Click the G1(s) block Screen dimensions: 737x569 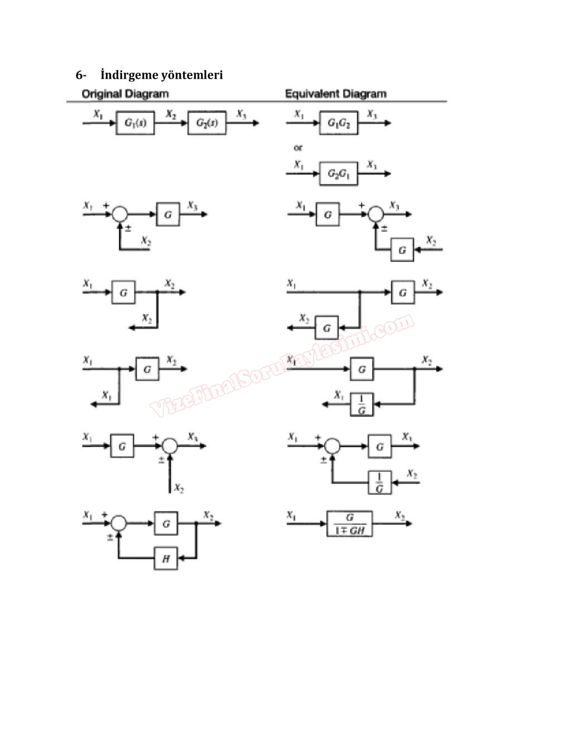pyautogui.click(x=135, y=123)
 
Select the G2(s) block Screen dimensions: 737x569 pyautogui.click(x=207, y=123)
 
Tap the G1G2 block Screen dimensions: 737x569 pyautogui.click(x=339, y=123)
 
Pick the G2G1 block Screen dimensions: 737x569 pyautogui.click(x=339, y=174)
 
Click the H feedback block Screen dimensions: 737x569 pyautogui.click(x=166, y=558)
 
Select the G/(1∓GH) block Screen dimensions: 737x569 pyautogui.click(x=349, y=524)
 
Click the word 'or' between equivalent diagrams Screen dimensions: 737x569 pyautogui.click(x=298, y=148)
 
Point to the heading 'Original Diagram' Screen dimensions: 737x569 pyautogui.click(x=125, y=94)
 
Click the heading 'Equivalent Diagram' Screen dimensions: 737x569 pyautogui.click(x=336, y=94)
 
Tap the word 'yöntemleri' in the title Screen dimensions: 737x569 pyautogui.click(x=192, y=75)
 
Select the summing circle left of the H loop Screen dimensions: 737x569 pyautogui.click(x=119, y=523)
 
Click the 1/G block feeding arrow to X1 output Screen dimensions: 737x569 pyautogui.click(x=361, y=405)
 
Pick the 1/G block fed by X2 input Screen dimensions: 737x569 pyautogui.click(x=380, y=482)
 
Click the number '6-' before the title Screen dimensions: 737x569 pyautogui.click(x=81, y=75)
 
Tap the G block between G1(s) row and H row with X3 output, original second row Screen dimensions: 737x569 pyautogui.click(x=168, y=214)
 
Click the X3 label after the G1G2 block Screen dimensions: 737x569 pyautogui.click(x=372, y=114)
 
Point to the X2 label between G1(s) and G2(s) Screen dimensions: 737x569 pyautogui.click(x=171, y=114)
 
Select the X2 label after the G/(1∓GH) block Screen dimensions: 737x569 pyautogui.click(x=400, y=515)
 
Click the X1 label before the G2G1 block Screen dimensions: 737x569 pyautogui.click(x=300, y=165)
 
